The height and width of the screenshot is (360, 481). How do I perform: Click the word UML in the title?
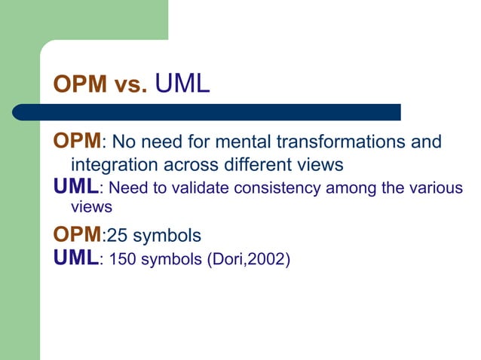coord(182,84)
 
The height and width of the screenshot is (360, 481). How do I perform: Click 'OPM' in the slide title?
coord(78,85)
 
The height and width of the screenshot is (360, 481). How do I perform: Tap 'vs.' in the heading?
coord(130,85)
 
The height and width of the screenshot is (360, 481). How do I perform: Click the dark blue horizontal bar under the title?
coord(226,112)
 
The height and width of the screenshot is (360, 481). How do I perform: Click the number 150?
coord(123,261)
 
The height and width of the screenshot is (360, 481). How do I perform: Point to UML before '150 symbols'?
coord(75,259)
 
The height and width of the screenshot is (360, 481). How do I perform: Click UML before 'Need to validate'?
coord(75,186)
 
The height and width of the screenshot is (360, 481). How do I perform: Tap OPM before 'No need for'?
coord(77,141)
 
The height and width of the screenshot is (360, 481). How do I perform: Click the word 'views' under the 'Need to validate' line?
coord(91,206)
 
